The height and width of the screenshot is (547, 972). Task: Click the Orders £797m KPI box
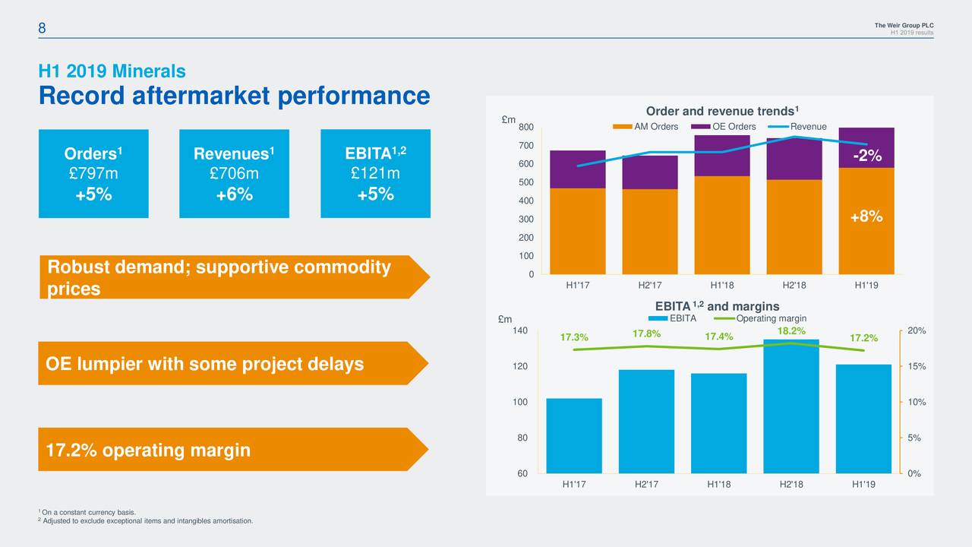click(x=93, y=173)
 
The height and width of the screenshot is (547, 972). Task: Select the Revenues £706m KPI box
click(x=234, y=173)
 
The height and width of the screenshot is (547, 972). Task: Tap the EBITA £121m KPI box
click(x=375, y=173)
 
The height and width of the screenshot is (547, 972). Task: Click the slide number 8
click(x=43, y=28)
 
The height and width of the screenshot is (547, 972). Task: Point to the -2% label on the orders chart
click(x=866, y=156)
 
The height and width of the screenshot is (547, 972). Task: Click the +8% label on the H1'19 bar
click(x=866, y=217)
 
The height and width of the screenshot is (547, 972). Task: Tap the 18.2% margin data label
click(x=791, y=331)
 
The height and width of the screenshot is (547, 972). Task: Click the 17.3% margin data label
click(x=573, y=337)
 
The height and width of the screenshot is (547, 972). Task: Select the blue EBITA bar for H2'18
click(x=791, y=406)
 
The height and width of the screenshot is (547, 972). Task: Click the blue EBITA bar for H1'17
click(x=573, y=435)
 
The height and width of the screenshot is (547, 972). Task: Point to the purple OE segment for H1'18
click(x=721, y=156)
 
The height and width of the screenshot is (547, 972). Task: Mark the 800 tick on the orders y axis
click(x=526, y=127)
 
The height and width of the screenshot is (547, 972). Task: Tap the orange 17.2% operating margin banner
click(x=228, y=450)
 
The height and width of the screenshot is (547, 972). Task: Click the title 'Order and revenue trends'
click(x=719, y=111)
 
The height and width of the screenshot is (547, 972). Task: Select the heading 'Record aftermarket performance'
click(x=234, y=96)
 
